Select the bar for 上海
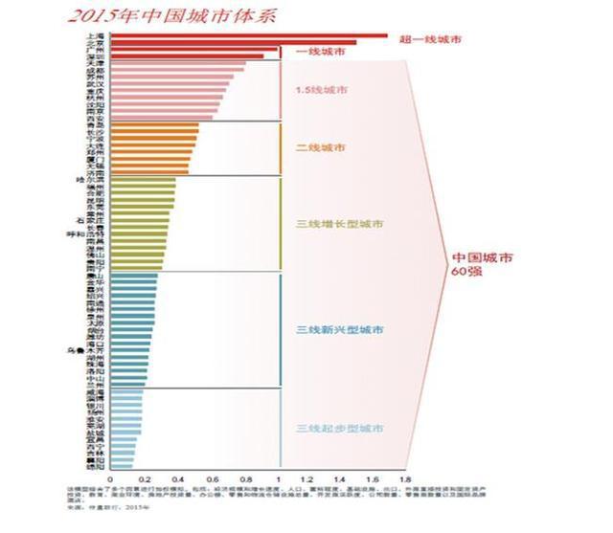[249, 35]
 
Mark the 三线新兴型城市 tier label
[340, 329]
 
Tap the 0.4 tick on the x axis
[176, 479]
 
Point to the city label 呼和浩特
[88, 232]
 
